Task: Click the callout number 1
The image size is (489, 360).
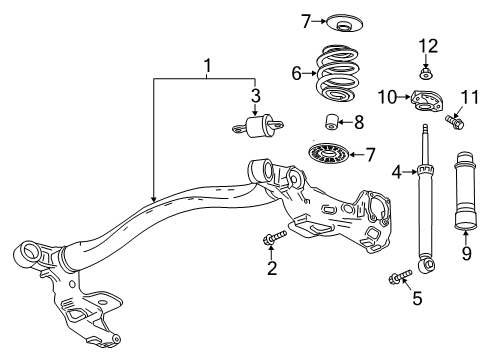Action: click(206, 69)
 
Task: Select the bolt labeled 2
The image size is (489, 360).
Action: click(273, 238)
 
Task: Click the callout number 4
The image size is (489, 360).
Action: click(397, 173)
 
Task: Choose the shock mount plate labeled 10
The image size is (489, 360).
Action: click(428, 99)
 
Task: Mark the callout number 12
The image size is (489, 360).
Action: click(427, 46)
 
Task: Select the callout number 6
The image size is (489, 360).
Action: click(295, 74)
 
